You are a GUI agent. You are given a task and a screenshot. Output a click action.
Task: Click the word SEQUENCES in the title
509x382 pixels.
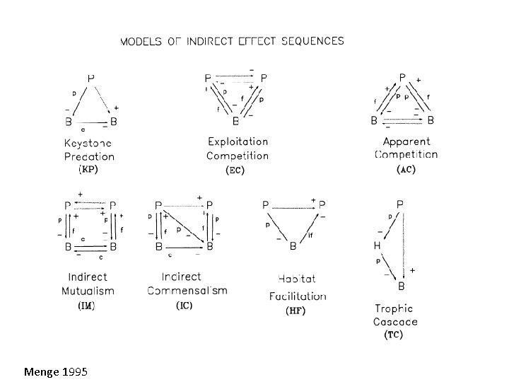pyautogui.click(x=308, y=41)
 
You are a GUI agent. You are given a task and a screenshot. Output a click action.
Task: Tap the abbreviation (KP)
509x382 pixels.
pyautogui.click(x=88, y=170)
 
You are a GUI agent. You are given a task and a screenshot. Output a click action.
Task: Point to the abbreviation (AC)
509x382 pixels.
pyautogui.click(x=406, y=170)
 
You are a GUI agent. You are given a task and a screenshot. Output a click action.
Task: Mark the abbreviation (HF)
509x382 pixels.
pyautogui.click(x=295, y=311)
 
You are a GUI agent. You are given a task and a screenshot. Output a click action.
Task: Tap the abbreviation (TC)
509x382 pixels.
pyautogui.click(x=394, y=334)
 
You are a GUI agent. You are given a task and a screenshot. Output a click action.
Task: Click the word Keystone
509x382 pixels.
pyautogui.click(x=89, y=143)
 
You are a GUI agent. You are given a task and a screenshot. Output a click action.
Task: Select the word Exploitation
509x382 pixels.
pyautogui.click(x=238, y=142)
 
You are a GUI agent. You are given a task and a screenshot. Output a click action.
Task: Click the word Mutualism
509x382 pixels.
pyautogui.click(x=90, y=290)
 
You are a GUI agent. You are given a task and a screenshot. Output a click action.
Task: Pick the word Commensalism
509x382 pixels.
pyautogui.click(x=187, y=290)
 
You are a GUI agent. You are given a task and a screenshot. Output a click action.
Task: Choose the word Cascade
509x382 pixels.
pyautogui.click(x=395, y=321)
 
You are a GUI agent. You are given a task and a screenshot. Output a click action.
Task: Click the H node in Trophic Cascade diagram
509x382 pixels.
pyautogui.click(x=378, y=245)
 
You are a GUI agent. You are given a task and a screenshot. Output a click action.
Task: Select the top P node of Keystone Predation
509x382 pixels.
pyautogui.click(x=90, y=76)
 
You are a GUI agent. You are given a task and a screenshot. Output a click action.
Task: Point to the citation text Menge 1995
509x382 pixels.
pyautogui.click(x=56, y=371)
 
